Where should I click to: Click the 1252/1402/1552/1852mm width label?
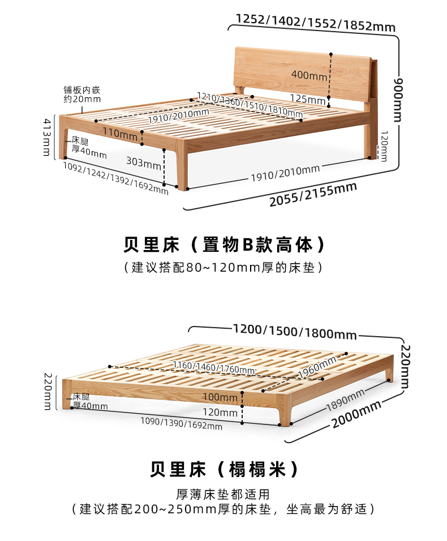pos(315,23)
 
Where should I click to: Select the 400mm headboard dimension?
pos(309,75)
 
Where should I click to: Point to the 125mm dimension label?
pos(307,98)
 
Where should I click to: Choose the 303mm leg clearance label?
pos(144,163)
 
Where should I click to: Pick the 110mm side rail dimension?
pos(120,134)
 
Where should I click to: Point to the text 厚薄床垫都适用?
pos(223,493)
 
